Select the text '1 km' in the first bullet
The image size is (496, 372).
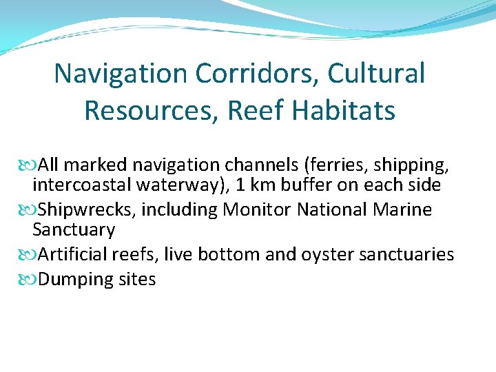pyautogui.click(x=267, y=186)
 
